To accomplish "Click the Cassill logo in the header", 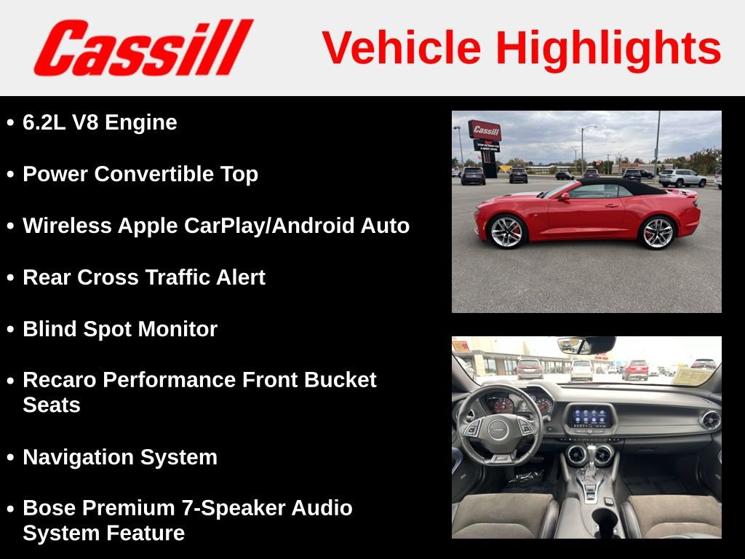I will coord(143,47).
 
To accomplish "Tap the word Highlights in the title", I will coord(608,48).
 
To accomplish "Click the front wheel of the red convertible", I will coord(506,231).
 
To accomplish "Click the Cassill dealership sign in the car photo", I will coord(485,131).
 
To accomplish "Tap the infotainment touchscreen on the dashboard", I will coord(589,418).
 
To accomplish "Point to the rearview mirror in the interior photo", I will coord(586,345).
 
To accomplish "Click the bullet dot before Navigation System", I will coord(10,458).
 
